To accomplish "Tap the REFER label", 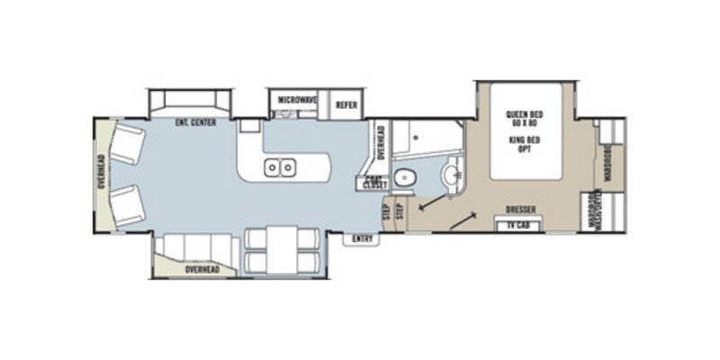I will click(x=346, y=104).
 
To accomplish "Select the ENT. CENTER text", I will click(x=195, y=122).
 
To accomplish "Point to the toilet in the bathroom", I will click(x=406, y=176).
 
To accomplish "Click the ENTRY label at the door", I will click(x=363, y=238).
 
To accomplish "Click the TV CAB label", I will click(x=517, y=224).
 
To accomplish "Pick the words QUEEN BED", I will click(x=521, y=113).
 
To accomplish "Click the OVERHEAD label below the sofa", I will click(x=202, y=269).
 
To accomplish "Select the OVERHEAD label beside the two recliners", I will click(x=101, y=172).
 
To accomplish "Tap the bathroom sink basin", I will click(x=452, y=171).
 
